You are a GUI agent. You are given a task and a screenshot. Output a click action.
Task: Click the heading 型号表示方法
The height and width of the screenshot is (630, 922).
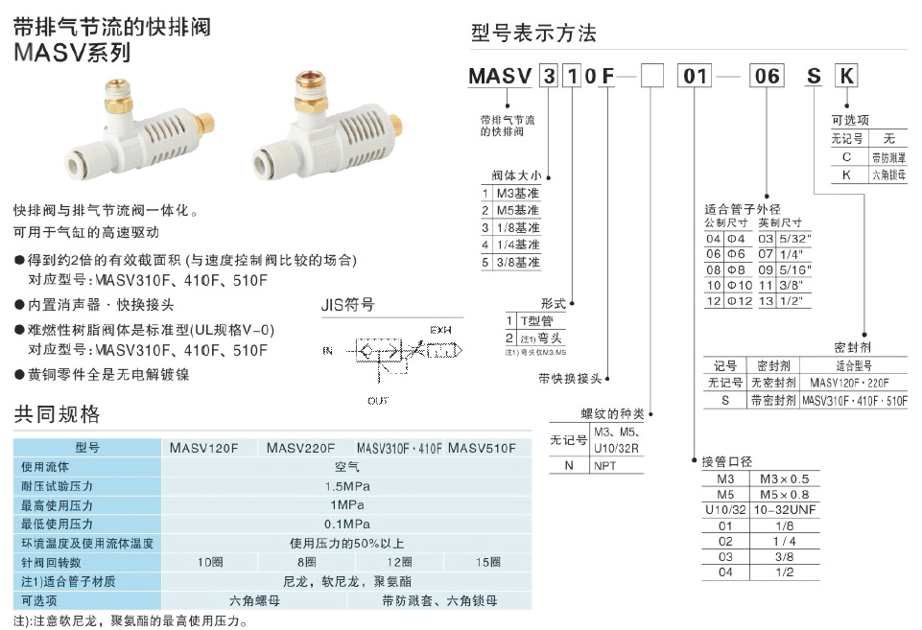533,34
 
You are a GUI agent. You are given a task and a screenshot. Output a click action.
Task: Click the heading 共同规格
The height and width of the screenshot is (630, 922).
57,414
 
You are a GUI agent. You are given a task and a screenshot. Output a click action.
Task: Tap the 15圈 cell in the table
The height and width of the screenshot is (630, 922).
487,562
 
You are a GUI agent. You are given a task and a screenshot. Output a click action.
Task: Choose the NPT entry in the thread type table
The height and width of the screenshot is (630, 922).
604,466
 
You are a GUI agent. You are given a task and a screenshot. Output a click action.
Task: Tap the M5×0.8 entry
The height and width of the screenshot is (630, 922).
784,494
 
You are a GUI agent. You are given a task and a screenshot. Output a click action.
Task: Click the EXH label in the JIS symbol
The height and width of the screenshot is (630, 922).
440,329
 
